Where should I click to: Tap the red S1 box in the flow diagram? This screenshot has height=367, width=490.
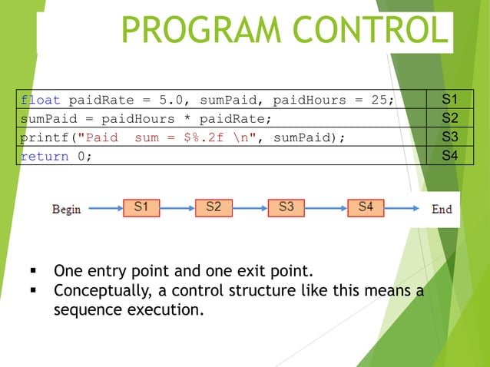tap(142, 207)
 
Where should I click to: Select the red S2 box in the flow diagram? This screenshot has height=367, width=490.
tap(214, 207)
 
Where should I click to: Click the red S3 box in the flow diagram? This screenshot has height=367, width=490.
tap(286, 207)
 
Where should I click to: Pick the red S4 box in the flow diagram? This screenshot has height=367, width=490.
tap(366, 207)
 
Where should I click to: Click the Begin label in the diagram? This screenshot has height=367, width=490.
tap(66, 209)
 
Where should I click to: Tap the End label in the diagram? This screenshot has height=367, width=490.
tap(442, 209)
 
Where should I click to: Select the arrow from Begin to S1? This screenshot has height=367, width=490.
tap(103, 208)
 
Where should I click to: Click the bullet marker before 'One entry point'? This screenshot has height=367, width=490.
tap(33, 272)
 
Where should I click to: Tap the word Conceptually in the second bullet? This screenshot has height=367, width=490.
tap(98, 291)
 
